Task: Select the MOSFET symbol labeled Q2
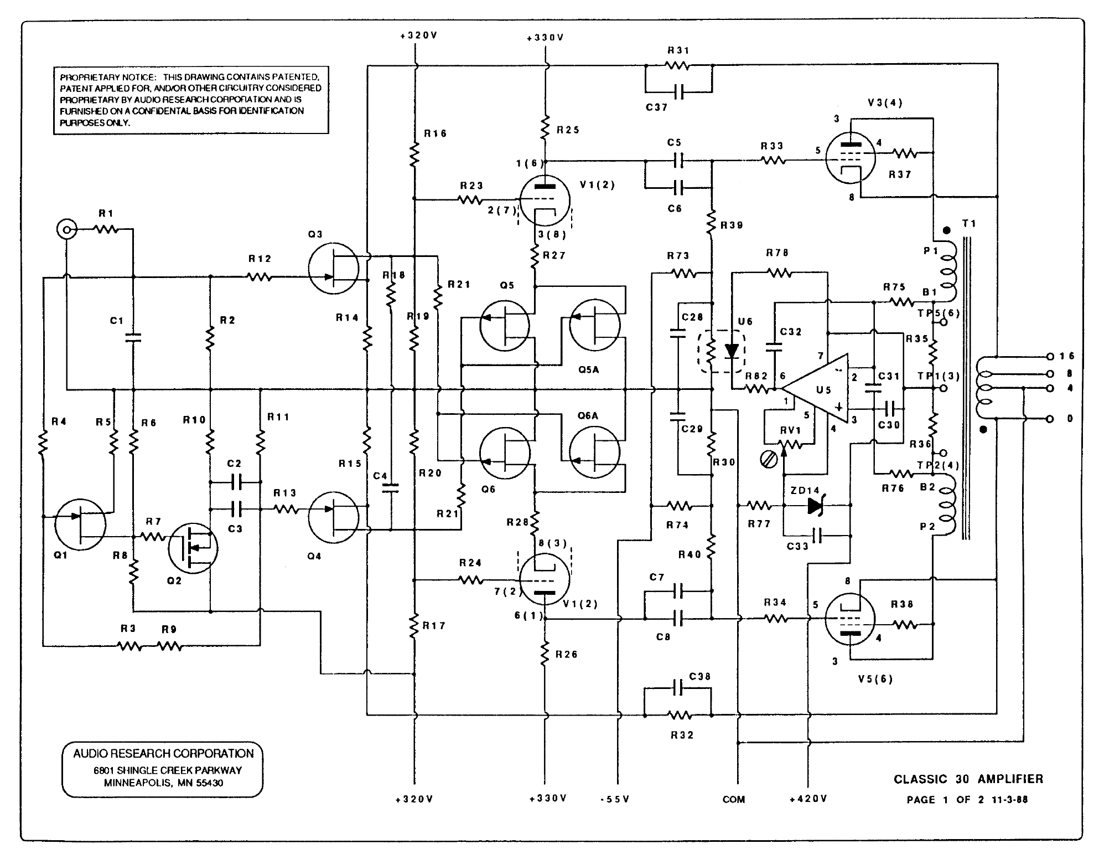tap(193, 548)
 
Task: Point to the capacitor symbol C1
tap(133, 337)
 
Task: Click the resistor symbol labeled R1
tap(105, 229)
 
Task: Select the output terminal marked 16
tap(1050, 356)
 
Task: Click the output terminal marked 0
tap(1050, 419)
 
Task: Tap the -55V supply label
tap(615, 799)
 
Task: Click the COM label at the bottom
tap(734, 800)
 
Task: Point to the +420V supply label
tap(808, 799)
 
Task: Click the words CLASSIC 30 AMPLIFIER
tap(968, 779)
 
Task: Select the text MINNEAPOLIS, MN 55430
tap(163, 783)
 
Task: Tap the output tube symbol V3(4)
tap(851, 158)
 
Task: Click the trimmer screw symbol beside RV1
tap(768, 459)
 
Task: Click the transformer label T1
tap(969, 224)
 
